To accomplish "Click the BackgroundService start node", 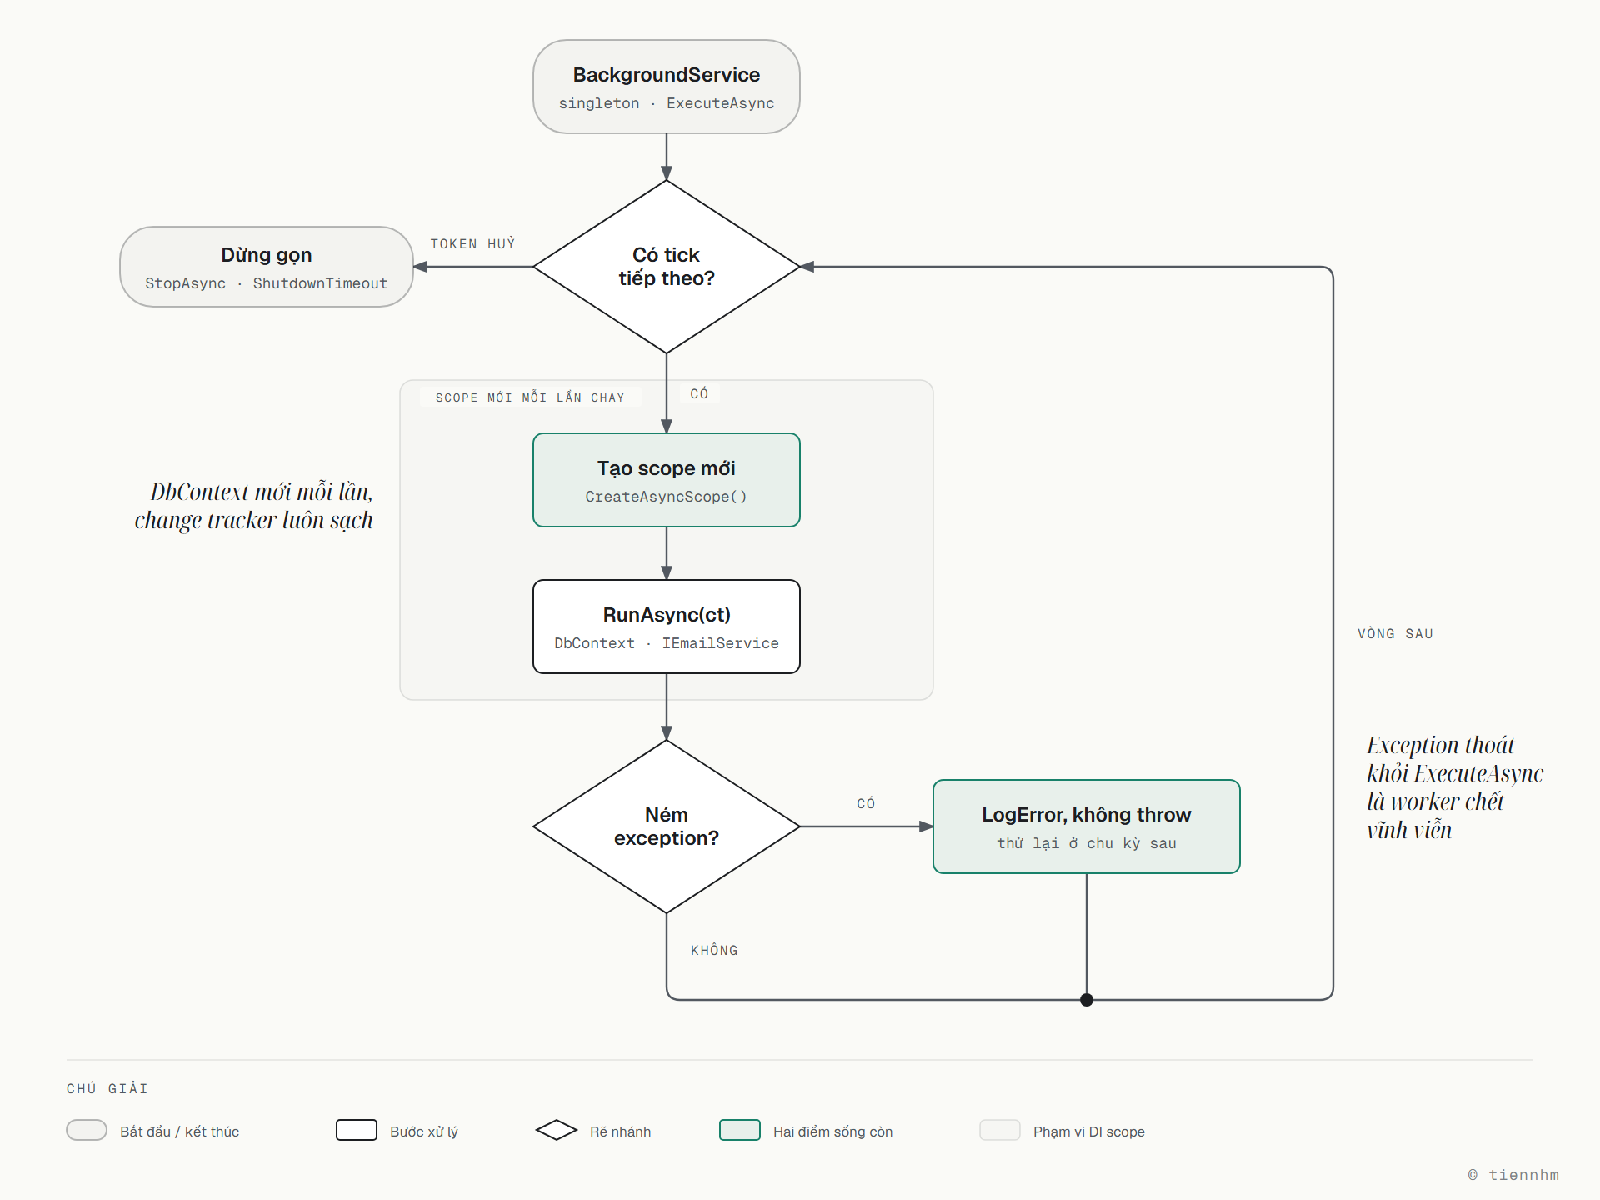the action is tap(667, 87).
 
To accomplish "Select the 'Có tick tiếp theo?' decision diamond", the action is tap(667, 267).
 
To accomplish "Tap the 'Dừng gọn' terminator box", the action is tap(267, 267).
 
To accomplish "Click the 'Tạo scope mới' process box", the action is tap(667, 480).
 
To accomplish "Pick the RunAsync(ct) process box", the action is tap(667, 627).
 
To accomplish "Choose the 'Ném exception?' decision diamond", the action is tap(667, 827).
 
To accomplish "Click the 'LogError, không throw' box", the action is tap(1087, 827).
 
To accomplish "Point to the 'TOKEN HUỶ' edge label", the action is tap(472, 243).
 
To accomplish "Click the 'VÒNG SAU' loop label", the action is tap(1395, 633).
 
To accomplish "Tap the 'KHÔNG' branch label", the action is tap(714, 950).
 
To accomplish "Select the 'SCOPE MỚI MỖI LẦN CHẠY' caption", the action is tap(530, 397).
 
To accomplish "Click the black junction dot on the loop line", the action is tap(1087, 1000).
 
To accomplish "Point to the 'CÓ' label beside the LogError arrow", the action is tap(866, 803).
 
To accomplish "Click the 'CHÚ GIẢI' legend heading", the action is tap(107, 1088).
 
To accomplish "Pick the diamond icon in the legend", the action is tap(557, 1130).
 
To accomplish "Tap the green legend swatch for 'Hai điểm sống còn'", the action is tap(740, 1130).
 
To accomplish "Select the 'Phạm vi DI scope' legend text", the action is tap(1089, 1132).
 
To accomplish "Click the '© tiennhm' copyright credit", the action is tap(1513, 1174).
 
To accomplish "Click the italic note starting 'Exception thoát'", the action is tap(1455, 787).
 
